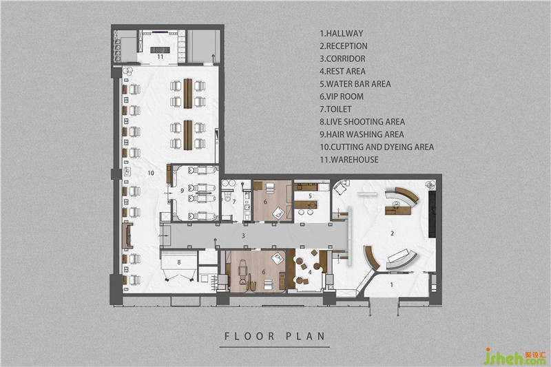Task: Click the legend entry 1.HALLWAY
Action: (x=341, y=33)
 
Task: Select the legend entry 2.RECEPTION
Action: (x=343, y=46)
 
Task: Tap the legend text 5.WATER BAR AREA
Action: (x=355, y=84)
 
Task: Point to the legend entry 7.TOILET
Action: (x=335, y=109)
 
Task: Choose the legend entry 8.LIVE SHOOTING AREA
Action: (x=362, y=122)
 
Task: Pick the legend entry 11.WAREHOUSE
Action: (x=349, y=160)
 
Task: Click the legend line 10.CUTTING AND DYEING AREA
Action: (x=376, y=147)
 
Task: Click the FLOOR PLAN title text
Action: (x=275, y=336)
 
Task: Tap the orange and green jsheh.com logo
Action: (x=514, y=357)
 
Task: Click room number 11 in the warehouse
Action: (x=160, y=56)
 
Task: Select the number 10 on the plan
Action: (x=151, y=173)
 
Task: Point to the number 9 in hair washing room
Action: (x=182, y=190)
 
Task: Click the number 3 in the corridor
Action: (x=243, y=236)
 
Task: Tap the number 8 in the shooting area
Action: (x=179, y=262)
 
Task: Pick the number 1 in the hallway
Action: (x=392, y=285)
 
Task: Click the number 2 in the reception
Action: (x=392, y=233)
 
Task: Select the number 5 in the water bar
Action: (x=310, y=196)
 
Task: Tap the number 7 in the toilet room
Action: (x=234, y=202)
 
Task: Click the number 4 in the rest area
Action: (x=309, y=272)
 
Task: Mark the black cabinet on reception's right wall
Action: (x=432, y=213)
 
